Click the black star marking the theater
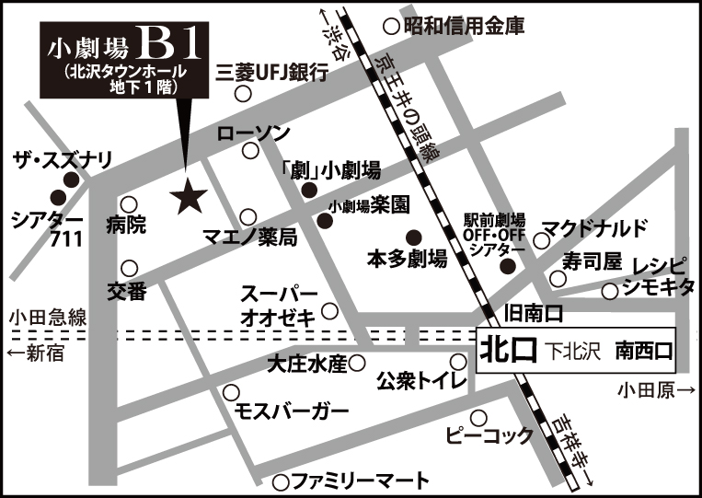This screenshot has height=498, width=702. pos(189,194)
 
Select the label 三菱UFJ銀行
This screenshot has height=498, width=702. pos(270,73)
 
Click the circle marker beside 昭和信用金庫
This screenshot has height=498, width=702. pos(392,27)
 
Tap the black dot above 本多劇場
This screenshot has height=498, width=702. pos(413,236)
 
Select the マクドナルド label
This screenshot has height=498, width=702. pos(594,227)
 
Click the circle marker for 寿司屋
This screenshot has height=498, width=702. pos(558,278)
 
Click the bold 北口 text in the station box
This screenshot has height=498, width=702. pos(505,351)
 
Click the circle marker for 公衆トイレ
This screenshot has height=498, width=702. pos(457,361)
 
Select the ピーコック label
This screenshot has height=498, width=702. pos(488,434)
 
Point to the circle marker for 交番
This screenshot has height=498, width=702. pos(130,268)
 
